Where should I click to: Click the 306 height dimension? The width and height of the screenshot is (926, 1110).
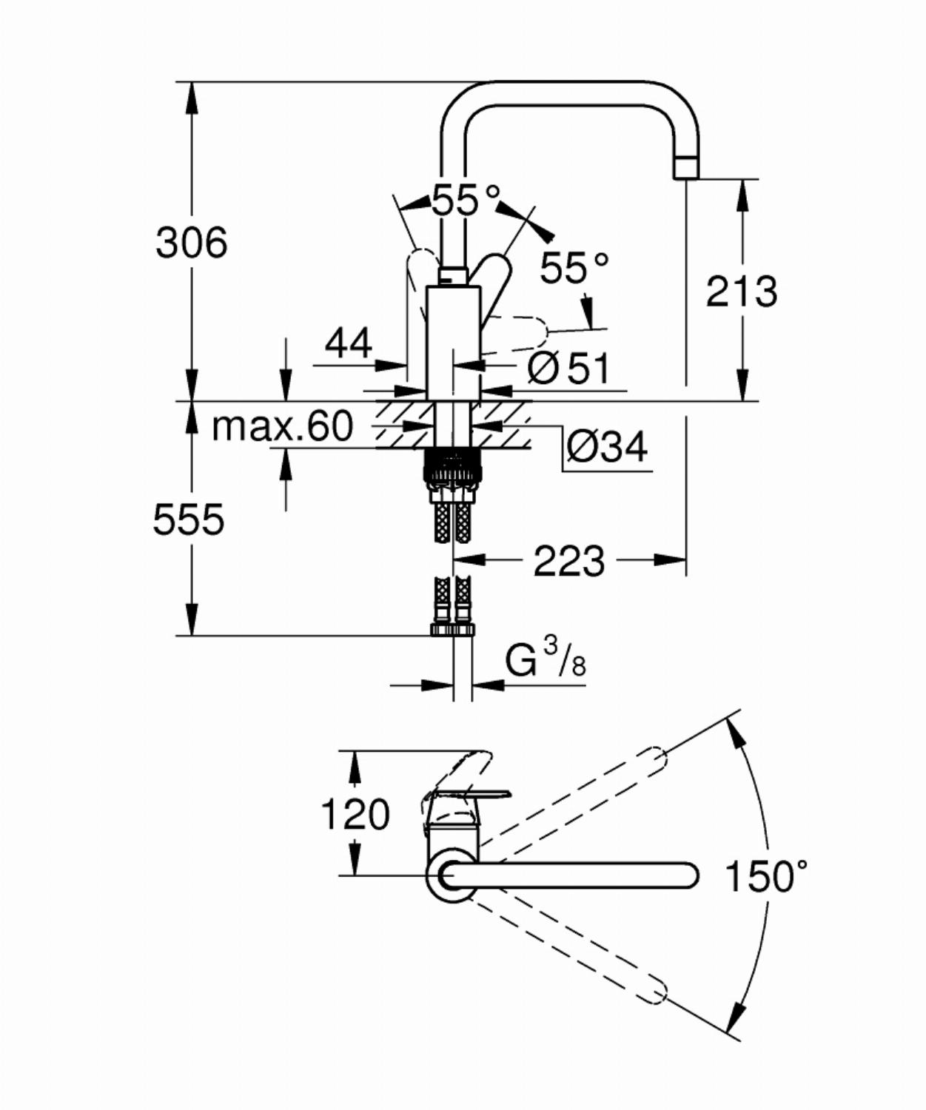tap(192, 243)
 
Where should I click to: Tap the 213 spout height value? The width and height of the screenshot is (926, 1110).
tap(742, 292)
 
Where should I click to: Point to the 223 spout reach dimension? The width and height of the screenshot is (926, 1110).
tap(568, 560)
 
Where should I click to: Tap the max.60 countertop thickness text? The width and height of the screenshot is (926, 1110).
tap(283, 425)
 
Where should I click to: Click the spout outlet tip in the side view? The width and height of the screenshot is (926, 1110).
tap(686, 168)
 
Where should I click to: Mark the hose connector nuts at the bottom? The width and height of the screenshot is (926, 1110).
tap(452, 630)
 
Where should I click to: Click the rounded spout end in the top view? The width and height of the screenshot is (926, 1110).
tap(687, 875)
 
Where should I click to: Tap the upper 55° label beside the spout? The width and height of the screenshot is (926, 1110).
tap(466, 201)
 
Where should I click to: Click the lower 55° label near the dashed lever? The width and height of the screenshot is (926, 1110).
tap(574, 267)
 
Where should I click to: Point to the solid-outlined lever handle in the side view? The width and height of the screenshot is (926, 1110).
tap(494, 287)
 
